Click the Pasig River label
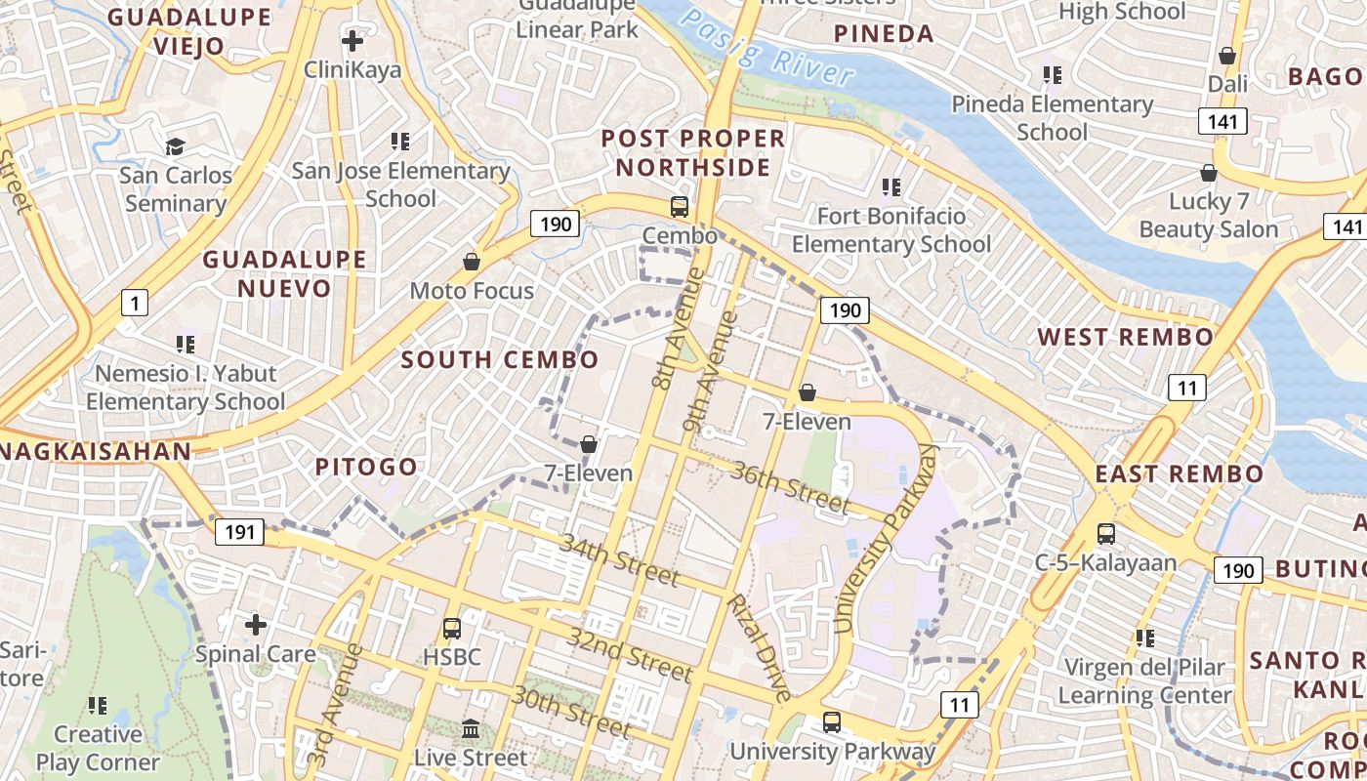tap(766, 48)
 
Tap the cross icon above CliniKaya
tap(352, 41)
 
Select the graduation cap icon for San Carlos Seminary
tap(176, 146)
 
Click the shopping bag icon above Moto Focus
tap(472, 262)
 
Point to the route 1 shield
tap(134, 303)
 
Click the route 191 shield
tap(238, 532)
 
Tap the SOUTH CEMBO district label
tap(500, 359)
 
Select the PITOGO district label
tap(366, 467)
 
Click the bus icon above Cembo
tap(679, 207)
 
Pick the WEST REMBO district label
tap(1125, 337)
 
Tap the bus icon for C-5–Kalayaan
tap(1105, 534)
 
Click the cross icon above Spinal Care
tap(256, 624)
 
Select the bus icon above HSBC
tap(451, 629)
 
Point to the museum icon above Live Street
tap(471, 728)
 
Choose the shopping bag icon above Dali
tap(1227, 56)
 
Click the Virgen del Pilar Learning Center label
tap(1144, 681)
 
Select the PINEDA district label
tap(884, 34)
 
